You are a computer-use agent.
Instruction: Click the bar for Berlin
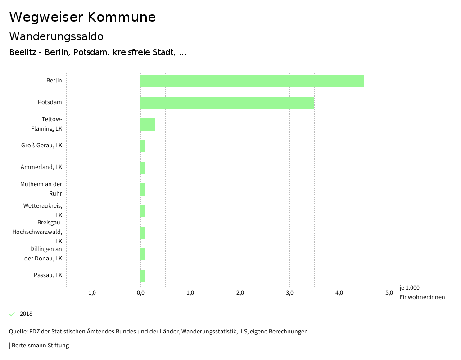[252, 81]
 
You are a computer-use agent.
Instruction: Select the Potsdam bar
[227, 103]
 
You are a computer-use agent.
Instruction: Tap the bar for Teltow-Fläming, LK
[148, 124]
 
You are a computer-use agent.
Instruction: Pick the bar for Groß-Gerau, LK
[143, 146]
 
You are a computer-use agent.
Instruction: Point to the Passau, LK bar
[143, 276]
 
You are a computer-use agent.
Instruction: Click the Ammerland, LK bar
[143, 168]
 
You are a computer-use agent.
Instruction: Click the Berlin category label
[54, 81]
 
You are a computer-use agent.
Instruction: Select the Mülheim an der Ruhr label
[41, 189]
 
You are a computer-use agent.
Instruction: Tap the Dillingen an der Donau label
[43, 254]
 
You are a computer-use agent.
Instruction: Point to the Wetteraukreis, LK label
[43, 210]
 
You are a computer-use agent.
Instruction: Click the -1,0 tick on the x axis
[91, 293]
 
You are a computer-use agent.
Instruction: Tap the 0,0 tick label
[140, 293]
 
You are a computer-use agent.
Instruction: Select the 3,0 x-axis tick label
[289, 293]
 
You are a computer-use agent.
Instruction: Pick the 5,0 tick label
[389, 293]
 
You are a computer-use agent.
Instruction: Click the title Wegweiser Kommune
[82, 17]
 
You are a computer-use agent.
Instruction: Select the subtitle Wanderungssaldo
[56, 36]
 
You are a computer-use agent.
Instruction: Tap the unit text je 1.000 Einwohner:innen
[422, 292]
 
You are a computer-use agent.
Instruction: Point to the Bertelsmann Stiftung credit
[40, 346]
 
